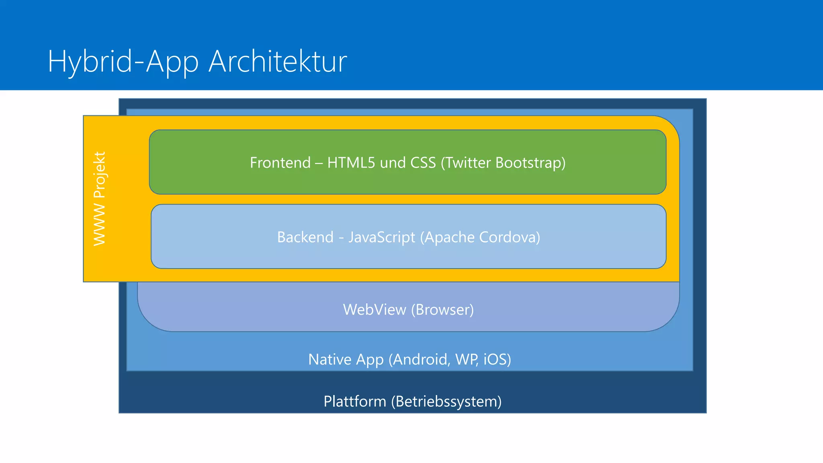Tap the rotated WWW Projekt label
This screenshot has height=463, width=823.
coord(99,199)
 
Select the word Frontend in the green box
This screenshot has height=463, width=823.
coord(280,163)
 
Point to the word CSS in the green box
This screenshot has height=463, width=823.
coord(423,163)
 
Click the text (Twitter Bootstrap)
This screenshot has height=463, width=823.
coord(503,163)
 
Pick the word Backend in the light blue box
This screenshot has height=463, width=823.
coord(305,237)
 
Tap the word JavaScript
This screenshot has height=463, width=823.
coord(382,237)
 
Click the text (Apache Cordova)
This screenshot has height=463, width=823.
coord(480,237)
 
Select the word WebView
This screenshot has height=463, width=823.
coord(375,309)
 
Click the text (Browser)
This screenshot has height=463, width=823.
coord(442,309)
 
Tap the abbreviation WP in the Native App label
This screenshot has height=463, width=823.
coord(466,359)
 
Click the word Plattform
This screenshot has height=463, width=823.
coord(354,402)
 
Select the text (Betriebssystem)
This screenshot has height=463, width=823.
coord(446,402)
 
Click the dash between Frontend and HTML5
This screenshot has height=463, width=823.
coord(319,163)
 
